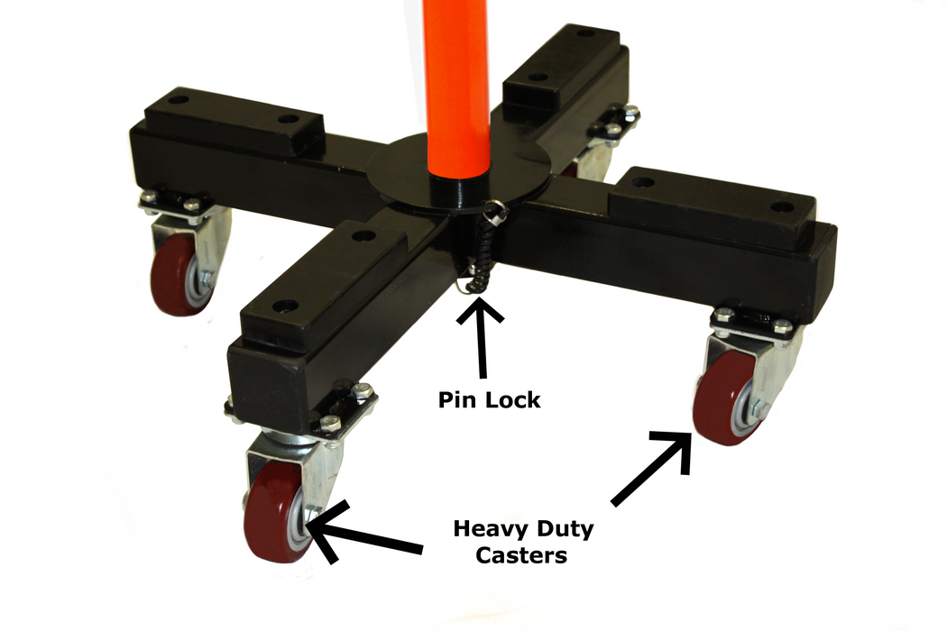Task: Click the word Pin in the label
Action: tap(454, 399)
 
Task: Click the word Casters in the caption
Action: tap(521, 555)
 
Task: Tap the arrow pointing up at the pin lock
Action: tap(481, 337)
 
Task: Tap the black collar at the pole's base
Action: tap(456, 191)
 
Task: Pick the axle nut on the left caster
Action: tap(206, 279)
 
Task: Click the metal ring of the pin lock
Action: tap(495, 209)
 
